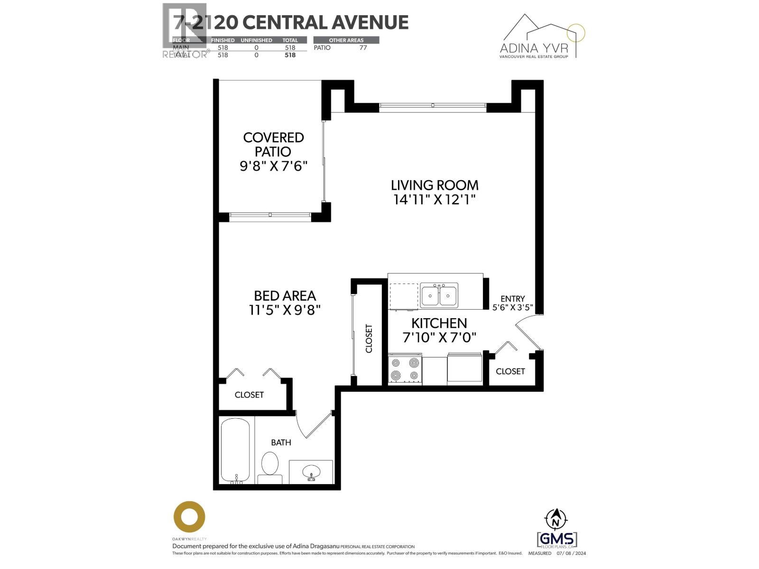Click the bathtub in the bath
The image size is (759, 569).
[x=235, y=450]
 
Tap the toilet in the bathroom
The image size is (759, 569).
[x=270, y=467]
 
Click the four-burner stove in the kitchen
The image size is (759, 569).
[x=405, y=369]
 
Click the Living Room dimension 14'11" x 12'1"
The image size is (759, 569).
[x=434, y=200]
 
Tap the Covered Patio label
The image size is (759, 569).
[x=273, y=144]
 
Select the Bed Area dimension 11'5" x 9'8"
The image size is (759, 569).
[x=285, y=310]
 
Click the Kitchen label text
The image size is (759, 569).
[x=439, y=323]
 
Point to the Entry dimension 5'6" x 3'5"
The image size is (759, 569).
[x=512, y=307]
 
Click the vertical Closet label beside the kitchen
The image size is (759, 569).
[x=369, y=339]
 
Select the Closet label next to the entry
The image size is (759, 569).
[x=510, y=371]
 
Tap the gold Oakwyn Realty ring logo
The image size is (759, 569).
[x=189, y=517]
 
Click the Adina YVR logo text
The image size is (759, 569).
[x=534, y=48]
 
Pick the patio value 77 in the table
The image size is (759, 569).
[x=363, y=47]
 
